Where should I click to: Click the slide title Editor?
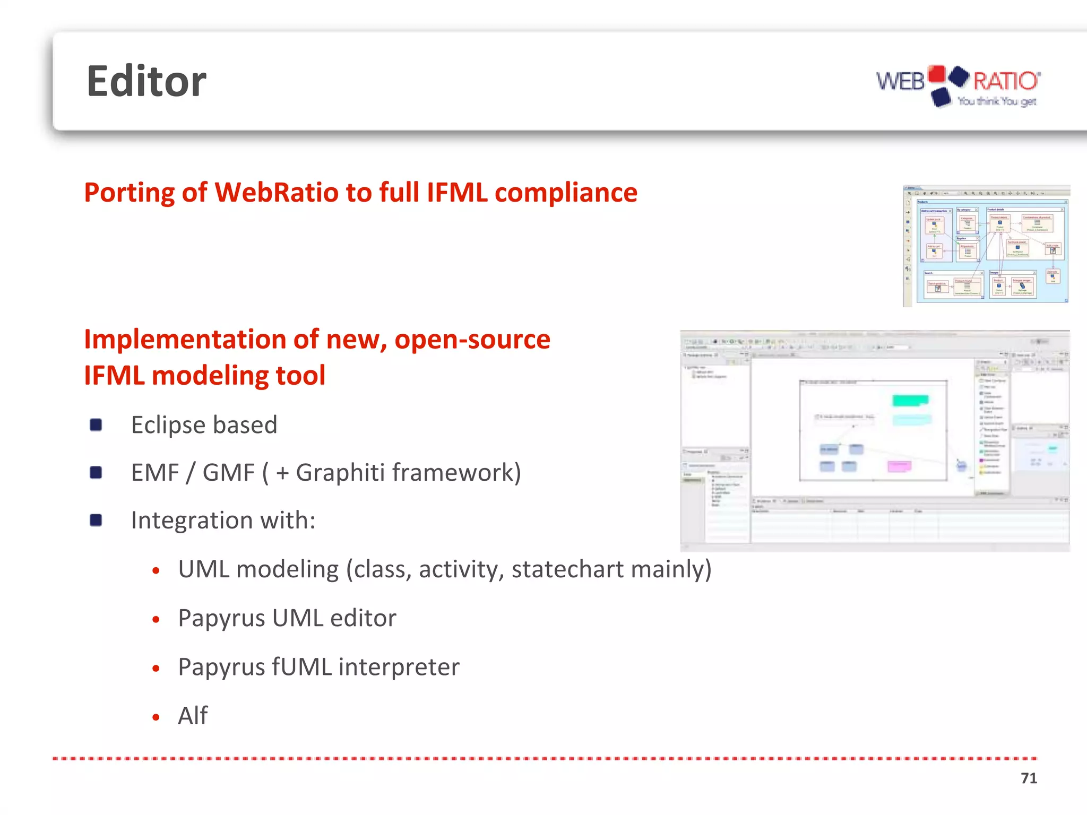tap(146, 82)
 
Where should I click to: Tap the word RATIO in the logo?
tap(1005, 81)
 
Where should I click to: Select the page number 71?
tap(1029, 778)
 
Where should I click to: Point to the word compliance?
tap(566, 192)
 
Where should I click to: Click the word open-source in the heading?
tap(472, 339)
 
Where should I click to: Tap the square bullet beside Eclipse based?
tap(96, 424)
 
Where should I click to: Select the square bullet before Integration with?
tap(96, 520)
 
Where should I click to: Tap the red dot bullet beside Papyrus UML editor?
tap(156, 619)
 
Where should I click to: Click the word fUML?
tap(301, 666)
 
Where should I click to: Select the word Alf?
tap(193, 715)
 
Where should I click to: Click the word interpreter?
tap(399, 666)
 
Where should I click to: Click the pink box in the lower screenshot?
tap(899, 466)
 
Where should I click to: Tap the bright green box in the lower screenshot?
tap(910, 400)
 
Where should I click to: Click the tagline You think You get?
tap(997, 101)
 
